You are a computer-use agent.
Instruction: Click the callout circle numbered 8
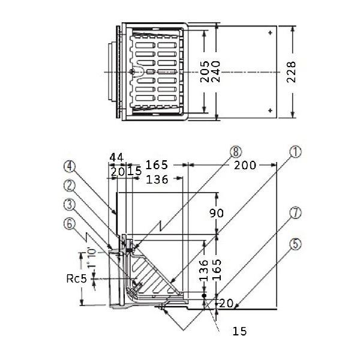tap(236, 152)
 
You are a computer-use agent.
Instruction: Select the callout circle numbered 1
tap(295, 152)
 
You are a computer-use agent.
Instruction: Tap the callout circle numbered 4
tap(70, 166)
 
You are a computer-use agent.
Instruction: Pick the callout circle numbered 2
tap(70, 185)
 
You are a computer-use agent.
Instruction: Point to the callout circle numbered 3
tap(70, 205)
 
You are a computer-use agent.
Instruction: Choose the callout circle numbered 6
tap(70, 224)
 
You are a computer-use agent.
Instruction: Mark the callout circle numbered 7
tap(295, 212)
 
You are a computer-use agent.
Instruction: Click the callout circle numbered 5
tap(295, 244)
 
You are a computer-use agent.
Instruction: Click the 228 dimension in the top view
tap(291, 72)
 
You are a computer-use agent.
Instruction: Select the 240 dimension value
tap(215, 71)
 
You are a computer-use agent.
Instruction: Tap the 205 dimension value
tap(205, 71)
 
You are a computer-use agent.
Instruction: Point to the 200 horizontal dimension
tap(245, 166)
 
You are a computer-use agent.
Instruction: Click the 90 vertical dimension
tap(216, 213)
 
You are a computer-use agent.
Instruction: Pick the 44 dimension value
tap(116, 157)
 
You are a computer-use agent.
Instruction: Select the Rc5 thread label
tap(77, 279)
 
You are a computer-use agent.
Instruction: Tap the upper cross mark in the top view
tap(270, 32)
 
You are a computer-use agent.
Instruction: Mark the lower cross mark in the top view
tap(270, 110)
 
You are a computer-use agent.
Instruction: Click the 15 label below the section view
tap(239, 331)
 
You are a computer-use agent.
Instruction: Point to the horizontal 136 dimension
tap(157, 179)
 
